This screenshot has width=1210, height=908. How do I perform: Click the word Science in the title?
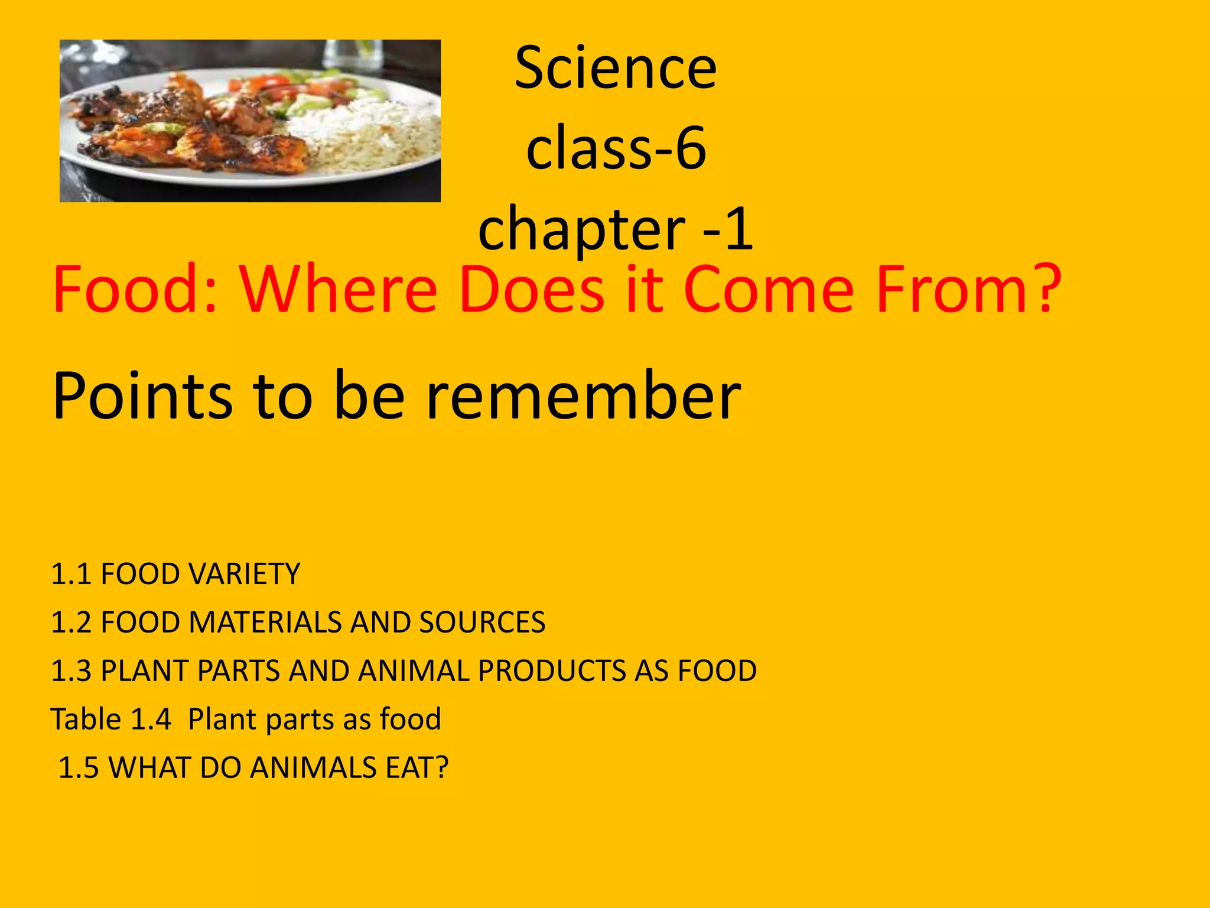coord(616,69)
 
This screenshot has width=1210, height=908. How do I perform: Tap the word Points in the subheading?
coord(142,395)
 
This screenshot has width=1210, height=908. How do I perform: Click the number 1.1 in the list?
coord(70,574)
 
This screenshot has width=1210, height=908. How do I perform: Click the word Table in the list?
coord(86,719)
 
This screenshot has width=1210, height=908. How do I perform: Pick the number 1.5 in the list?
coord(78,768)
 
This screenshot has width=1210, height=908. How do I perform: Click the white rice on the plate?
coord(360,136)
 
